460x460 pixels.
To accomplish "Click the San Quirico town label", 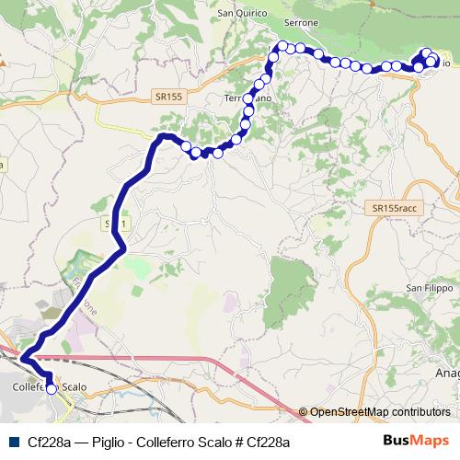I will point(242,13).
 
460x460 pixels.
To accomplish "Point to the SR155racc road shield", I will point(396,209).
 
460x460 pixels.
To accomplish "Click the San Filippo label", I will point(429,288).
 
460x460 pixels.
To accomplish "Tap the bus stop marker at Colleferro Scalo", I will point(51,389).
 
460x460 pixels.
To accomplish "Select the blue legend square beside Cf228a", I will point(13,442).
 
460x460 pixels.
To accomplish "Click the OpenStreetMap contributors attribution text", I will point(380,412).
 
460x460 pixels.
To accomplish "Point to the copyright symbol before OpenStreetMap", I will point(304,412).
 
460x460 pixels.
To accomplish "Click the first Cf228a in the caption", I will point(50,443).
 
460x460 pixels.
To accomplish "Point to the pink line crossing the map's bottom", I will point(184,357).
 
